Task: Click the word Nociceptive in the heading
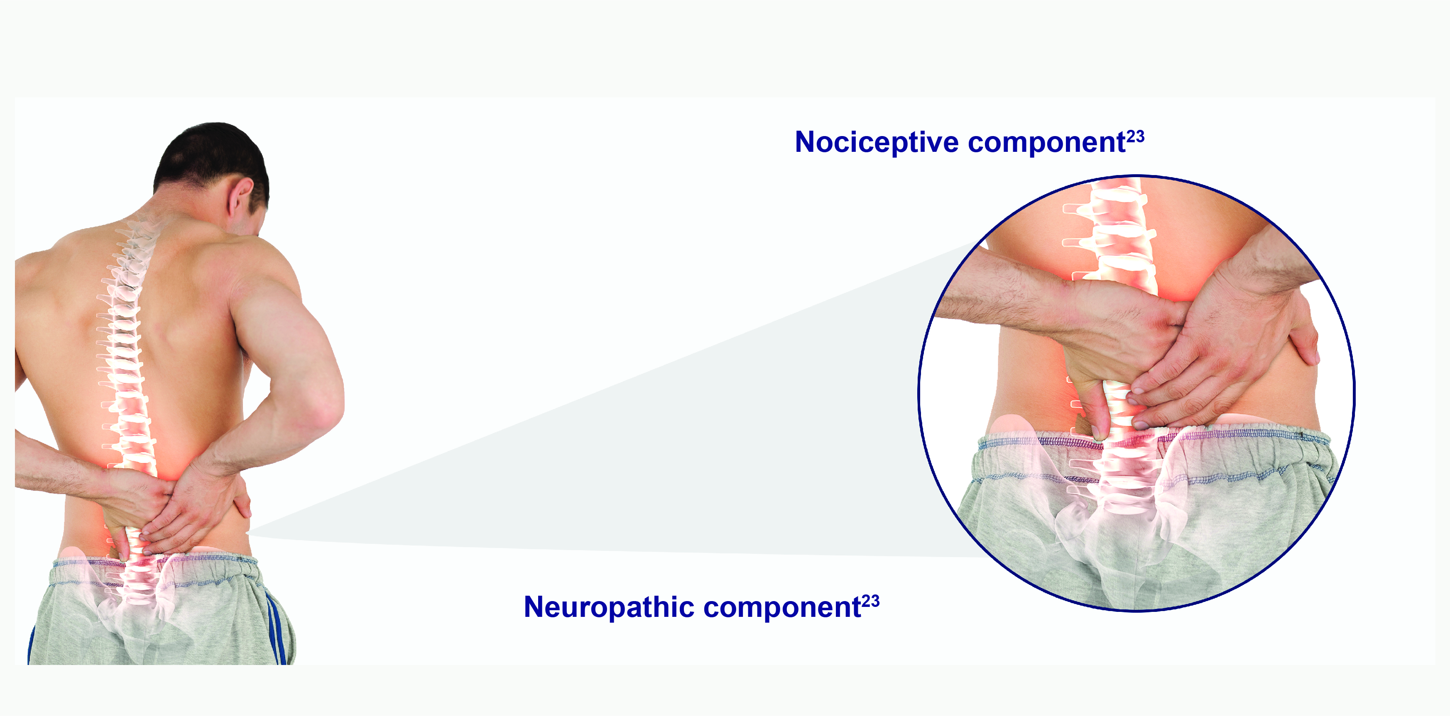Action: [x=877, y=142]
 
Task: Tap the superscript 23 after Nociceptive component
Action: [x=1135, y=136]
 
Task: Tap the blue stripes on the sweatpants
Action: [x=277, y=627]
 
